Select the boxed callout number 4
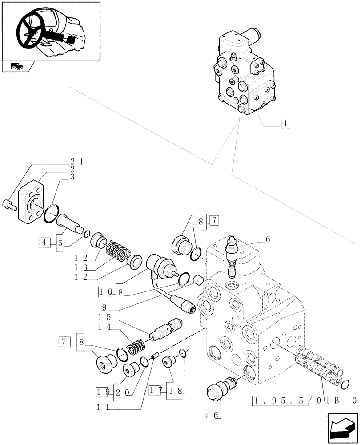pos(44,243)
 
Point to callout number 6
pos(268,239)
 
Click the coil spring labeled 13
pos(118,252)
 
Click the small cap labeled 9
pos(198,280)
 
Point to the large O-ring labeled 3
pos(52,213)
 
